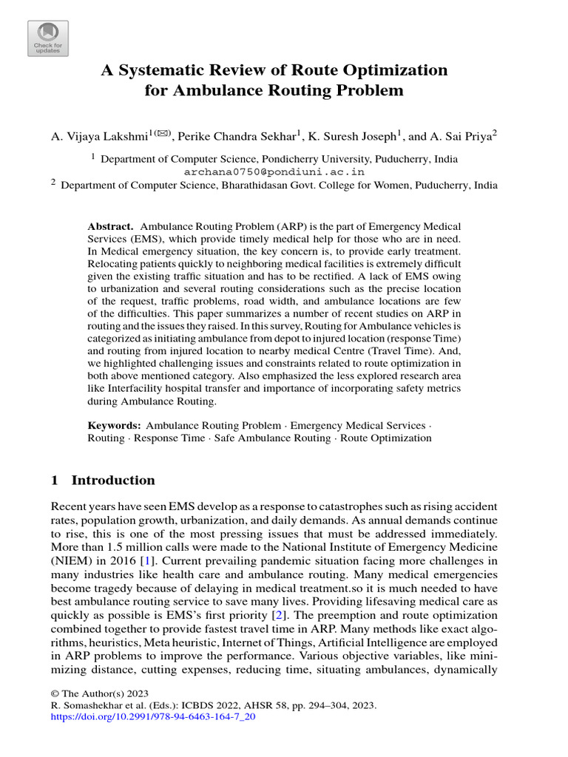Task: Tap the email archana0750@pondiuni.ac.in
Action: click(x=274, y=172)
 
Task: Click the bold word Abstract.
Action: click(x=110, y=225)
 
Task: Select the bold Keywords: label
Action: click(x=114, y=426)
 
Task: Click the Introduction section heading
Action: click(x=113, y=481)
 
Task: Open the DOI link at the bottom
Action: click(x=152, y=717)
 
